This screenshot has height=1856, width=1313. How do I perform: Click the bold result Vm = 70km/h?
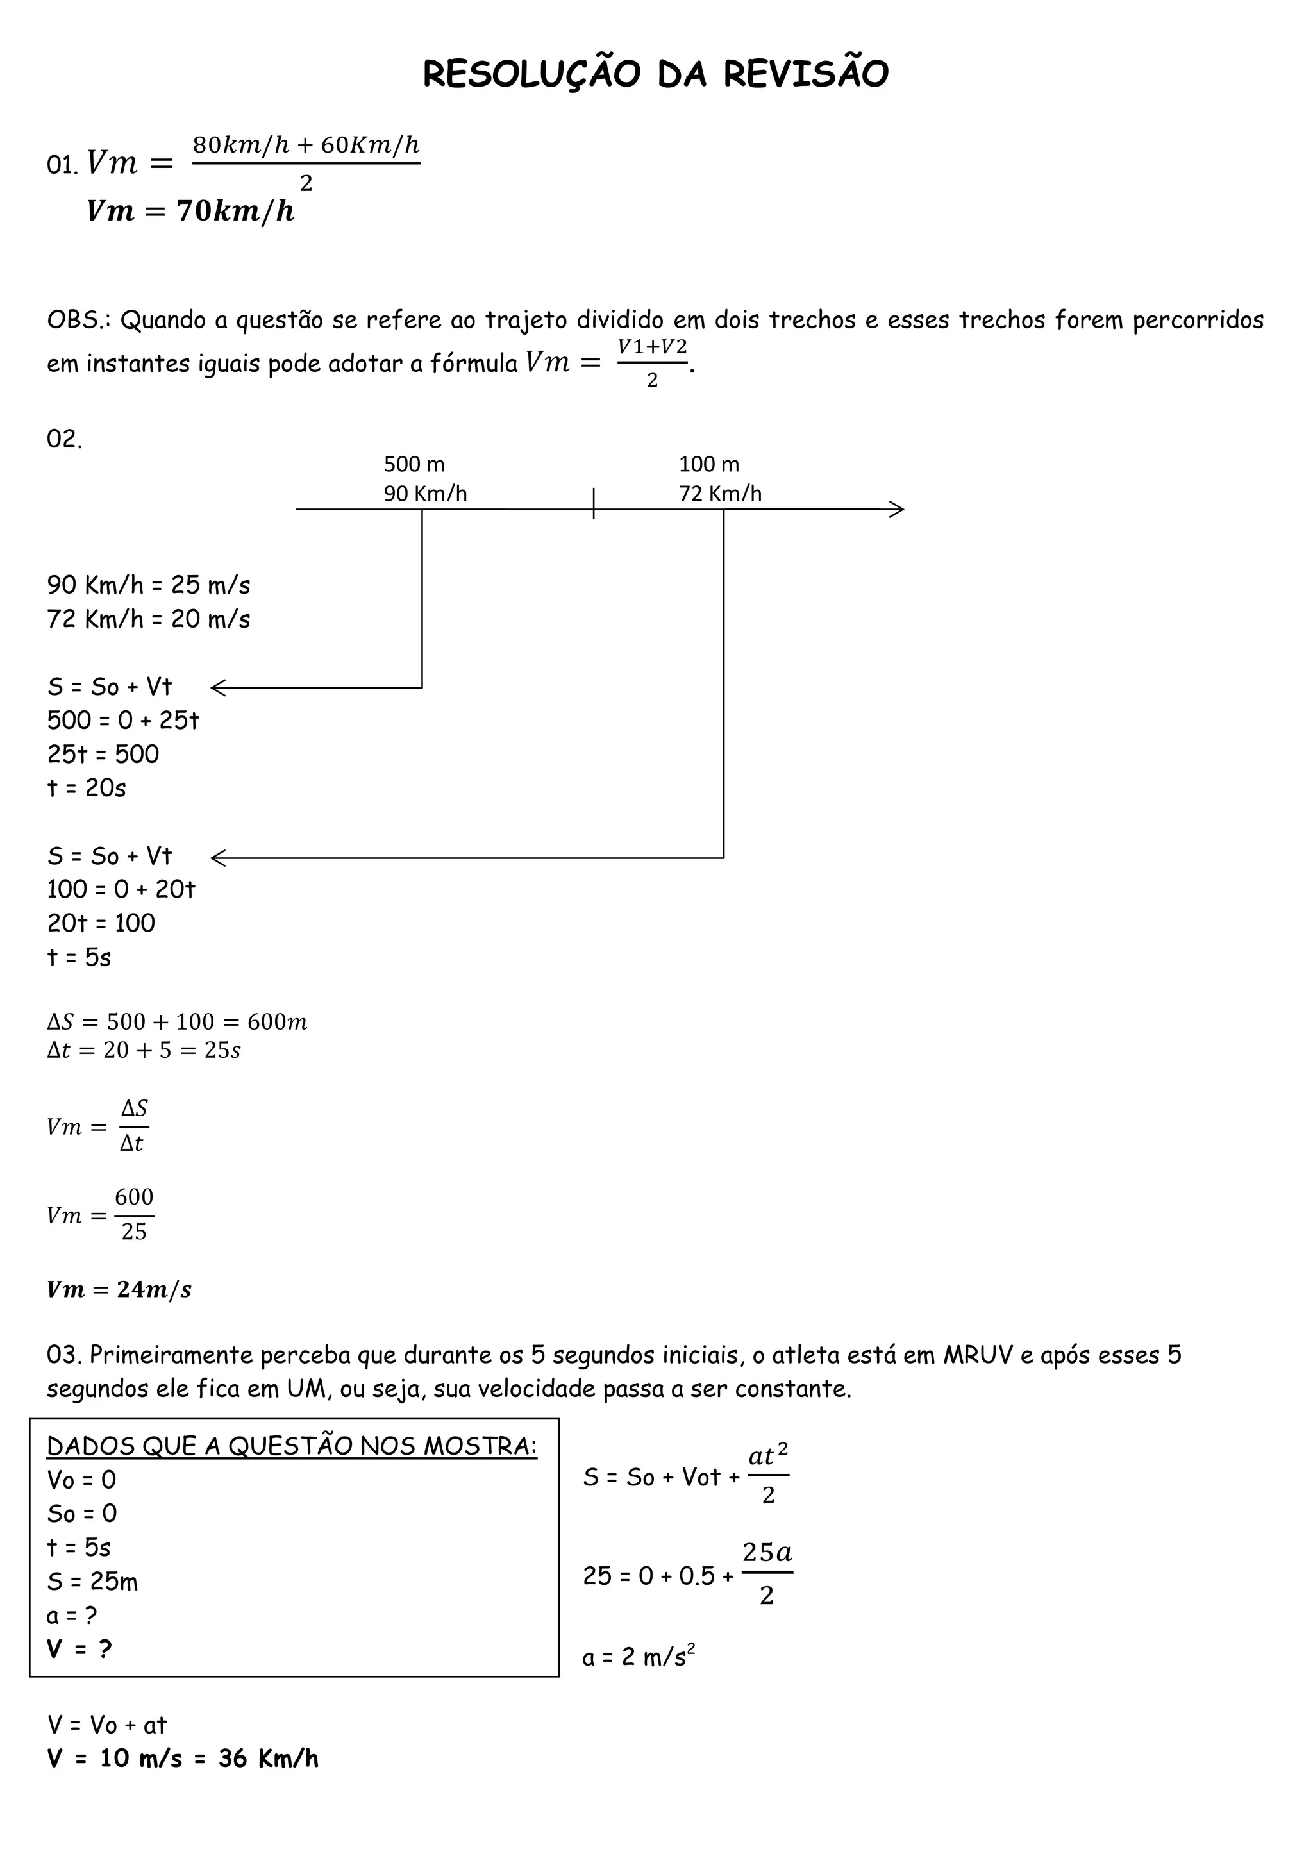[191, 212]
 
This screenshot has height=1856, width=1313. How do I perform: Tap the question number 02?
[65, 440]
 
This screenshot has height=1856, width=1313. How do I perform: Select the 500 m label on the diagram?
[414, 464]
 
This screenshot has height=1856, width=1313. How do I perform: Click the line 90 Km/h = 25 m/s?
[149, 585]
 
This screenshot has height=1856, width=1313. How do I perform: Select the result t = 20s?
[87, 788]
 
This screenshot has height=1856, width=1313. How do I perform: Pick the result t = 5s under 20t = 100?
[79, 958]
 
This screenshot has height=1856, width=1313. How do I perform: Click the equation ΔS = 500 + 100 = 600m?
[177, 1022]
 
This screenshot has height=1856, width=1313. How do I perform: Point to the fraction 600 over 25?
[133, 1214]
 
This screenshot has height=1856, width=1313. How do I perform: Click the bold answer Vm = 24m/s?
[119, 1290]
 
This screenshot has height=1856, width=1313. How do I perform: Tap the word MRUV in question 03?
[978, 1356]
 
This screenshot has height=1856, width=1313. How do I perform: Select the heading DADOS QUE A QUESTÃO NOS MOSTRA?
[292, 1446]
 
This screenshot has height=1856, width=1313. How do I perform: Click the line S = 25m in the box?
[92, 1582]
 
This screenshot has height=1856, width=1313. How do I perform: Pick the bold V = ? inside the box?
[79, 1650]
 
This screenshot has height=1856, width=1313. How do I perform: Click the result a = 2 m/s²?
[639, 1658]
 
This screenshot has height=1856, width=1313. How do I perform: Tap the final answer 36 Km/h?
[269, 1759]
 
